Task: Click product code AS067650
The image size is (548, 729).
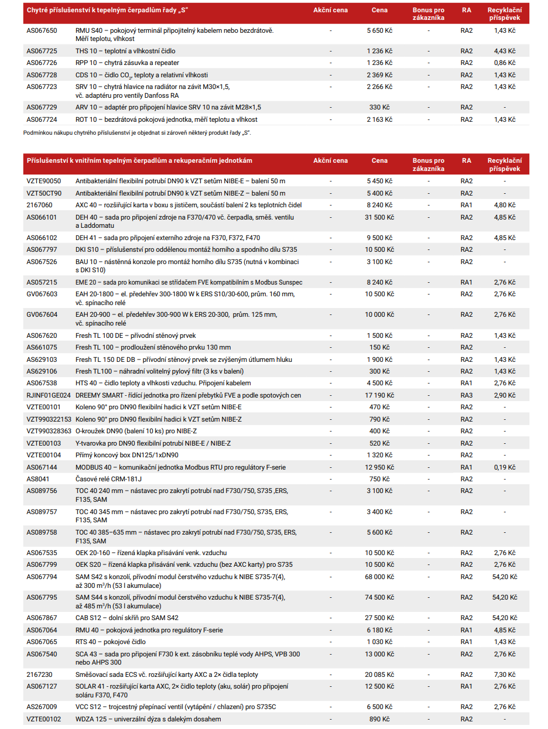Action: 42,30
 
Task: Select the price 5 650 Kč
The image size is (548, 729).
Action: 379,30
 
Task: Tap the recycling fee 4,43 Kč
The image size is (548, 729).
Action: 504,51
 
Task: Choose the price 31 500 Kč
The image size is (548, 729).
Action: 379,217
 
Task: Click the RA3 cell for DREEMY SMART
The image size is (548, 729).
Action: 466,395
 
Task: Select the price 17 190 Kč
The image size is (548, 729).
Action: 379,395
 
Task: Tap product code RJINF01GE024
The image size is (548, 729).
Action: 49,395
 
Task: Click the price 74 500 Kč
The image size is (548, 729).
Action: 379,597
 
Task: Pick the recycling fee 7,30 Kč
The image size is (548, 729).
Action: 504,675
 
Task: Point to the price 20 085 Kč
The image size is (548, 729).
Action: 379,675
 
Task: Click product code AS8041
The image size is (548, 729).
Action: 38,478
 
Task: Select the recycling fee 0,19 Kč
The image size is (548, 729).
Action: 504,467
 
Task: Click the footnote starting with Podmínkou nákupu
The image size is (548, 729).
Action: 137,133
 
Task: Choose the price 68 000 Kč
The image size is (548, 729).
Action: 379,577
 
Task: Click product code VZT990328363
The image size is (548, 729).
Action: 49,431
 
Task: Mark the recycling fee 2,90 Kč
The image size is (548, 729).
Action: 504,395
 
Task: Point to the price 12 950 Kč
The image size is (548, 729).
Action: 379,467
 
